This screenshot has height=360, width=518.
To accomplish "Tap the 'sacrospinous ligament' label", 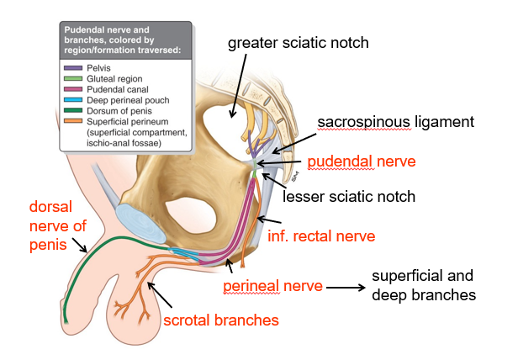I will pyautogui.click(x=396, y=123).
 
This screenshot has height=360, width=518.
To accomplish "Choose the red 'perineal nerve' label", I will pyautogui.click(x=272, y=286).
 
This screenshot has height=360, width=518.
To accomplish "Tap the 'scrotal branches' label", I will pyautogui.click(x=221, y=320).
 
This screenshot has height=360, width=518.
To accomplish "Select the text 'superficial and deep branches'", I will pyautogui.click(x=423, y=285).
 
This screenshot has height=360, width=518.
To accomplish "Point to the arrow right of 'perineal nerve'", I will pyautogui.click(x=345, y=286).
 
